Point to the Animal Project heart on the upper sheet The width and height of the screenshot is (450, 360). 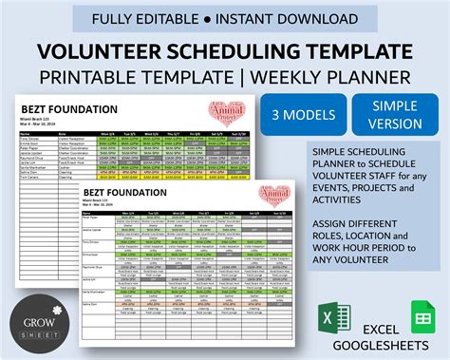pos(229,112)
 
